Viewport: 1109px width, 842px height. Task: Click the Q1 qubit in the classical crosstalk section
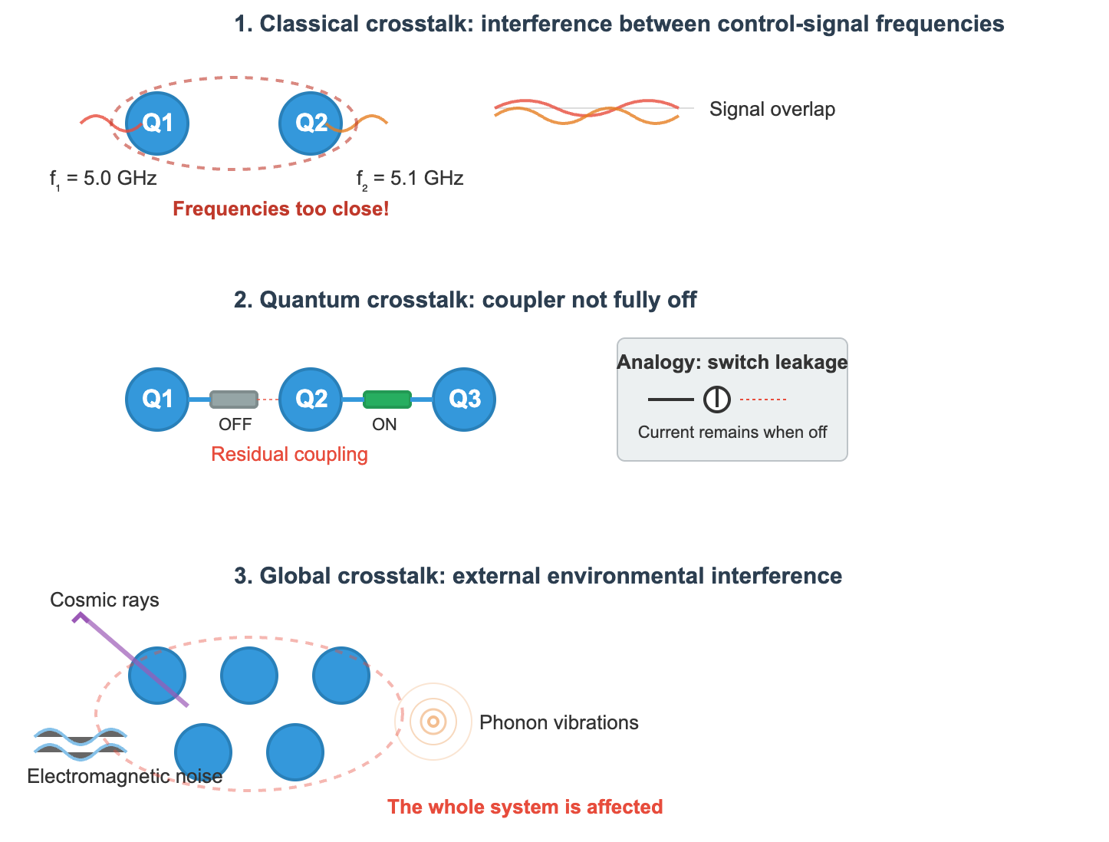(x=157, y=123)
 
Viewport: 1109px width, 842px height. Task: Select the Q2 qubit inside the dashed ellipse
(x=311, y=123)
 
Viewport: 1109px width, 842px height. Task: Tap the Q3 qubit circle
(x=464, y=400)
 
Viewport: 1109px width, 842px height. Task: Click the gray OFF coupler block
(x=234, y=400)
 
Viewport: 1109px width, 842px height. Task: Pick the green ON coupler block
(x=387, y=400)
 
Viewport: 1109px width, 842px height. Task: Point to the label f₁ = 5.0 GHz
(x=104, y=179)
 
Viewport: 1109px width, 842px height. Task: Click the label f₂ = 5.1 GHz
(x=410, y=179)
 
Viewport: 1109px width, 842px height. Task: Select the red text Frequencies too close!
(x=281, y=209)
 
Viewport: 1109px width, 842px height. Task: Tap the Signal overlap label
(x=772, y=110)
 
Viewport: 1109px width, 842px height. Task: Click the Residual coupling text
(x=289, y=455)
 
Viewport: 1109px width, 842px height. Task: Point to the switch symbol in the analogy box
(x=717, y=400)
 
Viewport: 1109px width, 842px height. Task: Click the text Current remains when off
(x=732, y=433)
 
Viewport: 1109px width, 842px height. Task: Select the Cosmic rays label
(x=104, y=600)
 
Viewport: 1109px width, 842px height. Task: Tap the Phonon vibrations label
(x=558, y=722)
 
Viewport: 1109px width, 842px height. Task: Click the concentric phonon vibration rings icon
(x=433, y=722)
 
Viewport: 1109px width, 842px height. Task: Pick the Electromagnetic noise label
(x=124, y=777)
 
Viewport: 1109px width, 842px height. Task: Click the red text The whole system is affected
(x=525, y=807)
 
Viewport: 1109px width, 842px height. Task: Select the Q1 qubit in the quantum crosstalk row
(x=157, y=400)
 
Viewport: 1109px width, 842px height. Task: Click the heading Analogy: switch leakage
(x=732, y=363)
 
